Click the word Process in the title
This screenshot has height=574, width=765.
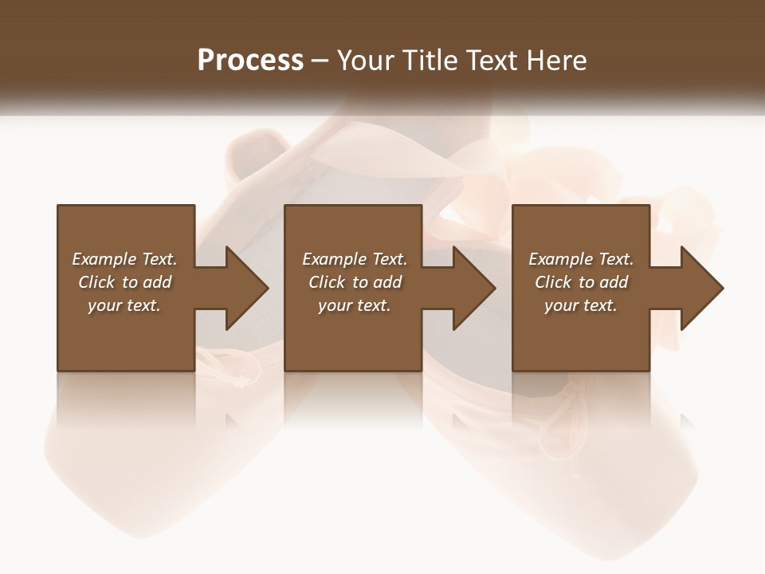click(250, 61)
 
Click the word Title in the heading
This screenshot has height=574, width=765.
click(431, 61)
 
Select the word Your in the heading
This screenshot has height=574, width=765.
click(366, 61)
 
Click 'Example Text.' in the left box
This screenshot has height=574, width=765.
click(124, 259)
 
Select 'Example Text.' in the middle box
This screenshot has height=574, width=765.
click(355, 259)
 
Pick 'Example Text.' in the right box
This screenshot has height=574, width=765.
click(581, 259)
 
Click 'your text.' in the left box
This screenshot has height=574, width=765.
click(124, 305)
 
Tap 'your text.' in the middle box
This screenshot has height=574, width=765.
click(355, 305)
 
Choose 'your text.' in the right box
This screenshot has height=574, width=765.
click(581, 305)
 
